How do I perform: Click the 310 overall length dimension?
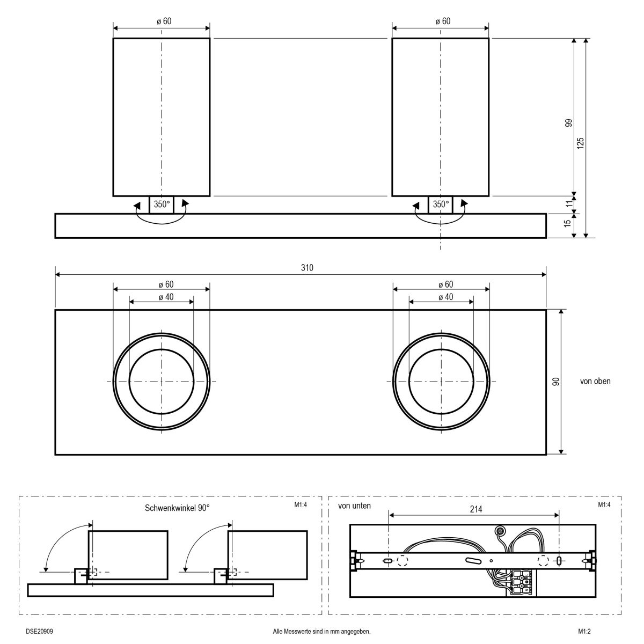pyautogui.click(x=307, y=268)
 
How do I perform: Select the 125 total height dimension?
pyautogui.click(x=581, y=142)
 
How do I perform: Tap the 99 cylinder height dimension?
pyautogui.click(x=568, y=125)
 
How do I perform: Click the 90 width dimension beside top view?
pyautogui.click(x=556, y=382)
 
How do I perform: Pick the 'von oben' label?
pyautogui.click(x=595, y=382)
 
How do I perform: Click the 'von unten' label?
pyautogui.click(x=354, y=506)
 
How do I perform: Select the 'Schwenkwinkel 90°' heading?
pyautogui.click(x=177, y=507)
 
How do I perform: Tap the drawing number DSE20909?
pyautogui.click(x=39, y=632)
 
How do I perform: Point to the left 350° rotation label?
pyautogui.click(x=162, y=204)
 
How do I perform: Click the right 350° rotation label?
pyautogui.click(x=441, y=204)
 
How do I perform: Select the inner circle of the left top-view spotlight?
pyautogui.click(x=162, y=381)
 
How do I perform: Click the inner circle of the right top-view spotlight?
pyautogui.click(x=441, y=381)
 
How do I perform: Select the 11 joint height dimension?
pyautogui.click(x=568, y=204)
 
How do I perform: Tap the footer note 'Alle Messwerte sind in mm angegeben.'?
pyautogui.click(x=321, y=632)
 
